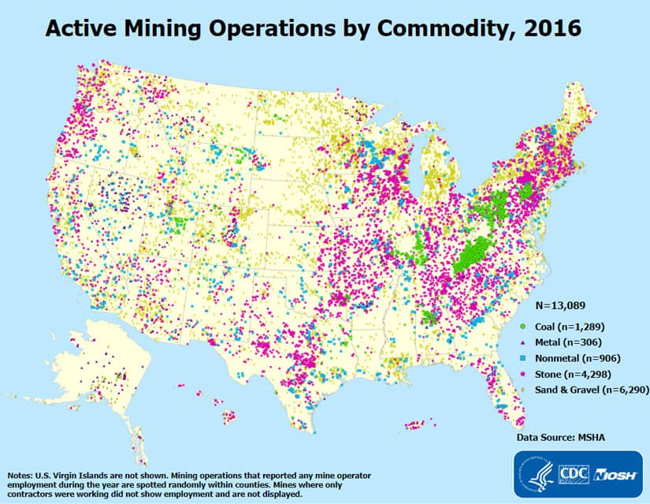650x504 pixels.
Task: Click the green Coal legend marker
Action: pos(523,326)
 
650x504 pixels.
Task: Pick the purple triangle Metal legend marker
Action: pos(523,342)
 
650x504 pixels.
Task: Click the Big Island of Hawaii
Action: pos(229,416)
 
